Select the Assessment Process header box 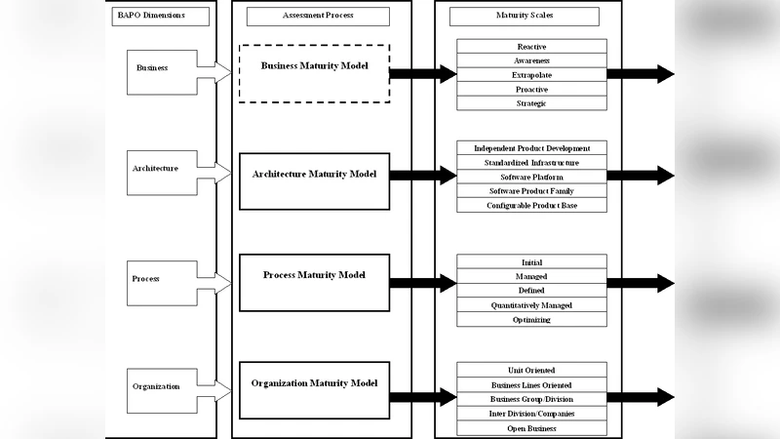coord(318,16)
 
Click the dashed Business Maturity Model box coord(314,73)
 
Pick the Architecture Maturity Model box coord(314,180)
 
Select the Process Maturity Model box coord(314,282)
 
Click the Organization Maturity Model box coord(314,390)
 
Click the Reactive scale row coord(531,46)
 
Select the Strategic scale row coord(531,103)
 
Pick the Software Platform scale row coord(531,177)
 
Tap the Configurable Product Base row coord(531,206)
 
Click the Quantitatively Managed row coord(531,305)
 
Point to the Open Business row coord(531,428)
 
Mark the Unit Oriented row coord(531,370)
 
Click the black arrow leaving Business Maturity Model coord(423,73)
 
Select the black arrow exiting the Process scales coord(640,284)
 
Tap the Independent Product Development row coord(531,147)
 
